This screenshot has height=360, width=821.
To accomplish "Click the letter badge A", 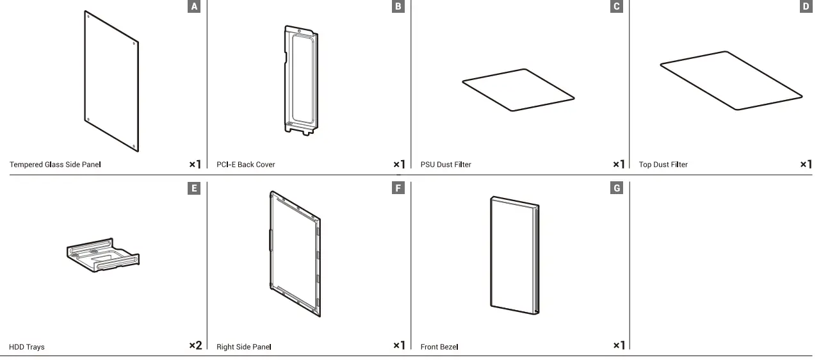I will tap(195, 6).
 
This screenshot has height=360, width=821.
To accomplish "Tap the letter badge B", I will tap(399, 6).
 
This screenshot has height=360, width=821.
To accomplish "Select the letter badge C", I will tap(617, 6).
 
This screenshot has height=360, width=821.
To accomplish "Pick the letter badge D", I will tap(806, 6).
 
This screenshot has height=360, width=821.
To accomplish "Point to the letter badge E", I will tap(195, 188).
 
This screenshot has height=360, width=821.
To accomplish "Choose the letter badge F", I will tap(399, 188).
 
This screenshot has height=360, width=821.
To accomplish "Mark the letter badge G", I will tap(617, 188).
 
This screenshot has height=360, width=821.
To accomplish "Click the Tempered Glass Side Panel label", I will tap(55, 165).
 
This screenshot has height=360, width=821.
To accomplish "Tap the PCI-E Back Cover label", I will tap(245, 165).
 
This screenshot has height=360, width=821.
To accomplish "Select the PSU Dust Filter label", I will tap(446, 165).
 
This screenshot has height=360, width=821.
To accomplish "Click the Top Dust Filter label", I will tap(663, 165).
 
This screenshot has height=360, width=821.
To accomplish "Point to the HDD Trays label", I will tap(27, 347).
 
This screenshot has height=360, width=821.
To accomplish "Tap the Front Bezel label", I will tap(439, 347).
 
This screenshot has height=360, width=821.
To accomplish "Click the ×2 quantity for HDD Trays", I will tap(195, 346).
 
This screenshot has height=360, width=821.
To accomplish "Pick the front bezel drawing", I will tap(514, 254).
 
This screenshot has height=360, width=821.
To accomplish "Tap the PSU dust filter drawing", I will tap(517, 90).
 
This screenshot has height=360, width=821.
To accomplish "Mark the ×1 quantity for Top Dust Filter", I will tap(806, 165).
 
